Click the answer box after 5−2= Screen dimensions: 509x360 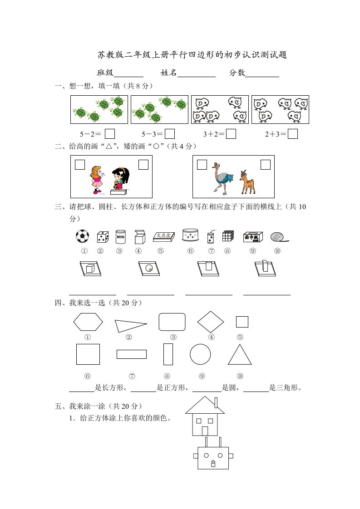109,134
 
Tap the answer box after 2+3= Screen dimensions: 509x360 293,134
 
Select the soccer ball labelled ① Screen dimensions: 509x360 82,236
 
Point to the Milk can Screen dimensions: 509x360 120,236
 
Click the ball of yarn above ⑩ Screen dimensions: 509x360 277,237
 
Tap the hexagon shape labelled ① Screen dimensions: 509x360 88,322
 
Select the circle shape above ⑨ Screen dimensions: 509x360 200,354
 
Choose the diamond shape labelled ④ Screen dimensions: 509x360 211,322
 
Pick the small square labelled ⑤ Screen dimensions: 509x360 242,322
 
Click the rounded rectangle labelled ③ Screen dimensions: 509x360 172,322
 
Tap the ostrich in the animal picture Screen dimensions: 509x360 222,177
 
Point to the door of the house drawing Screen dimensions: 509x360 205,431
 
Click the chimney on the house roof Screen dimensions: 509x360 216,402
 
